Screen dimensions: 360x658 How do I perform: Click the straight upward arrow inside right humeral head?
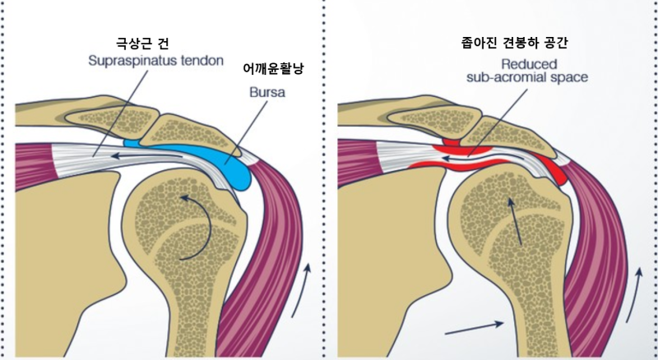click(x=518, y=222)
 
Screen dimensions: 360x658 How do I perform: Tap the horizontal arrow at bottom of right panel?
click(x=474, y=328)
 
